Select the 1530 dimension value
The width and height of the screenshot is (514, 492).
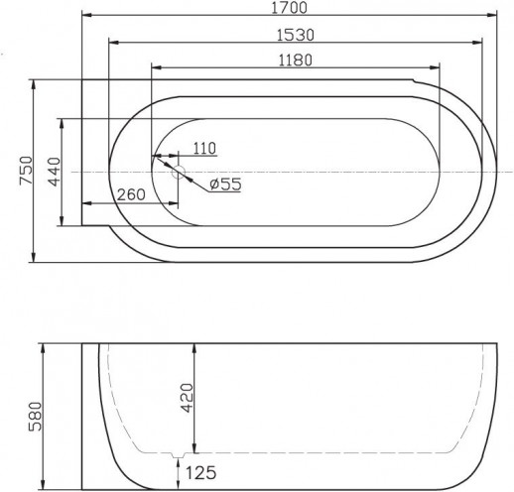click(x=296, y=34)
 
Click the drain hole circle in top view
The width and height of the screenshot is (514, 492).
click(x=179, y=173)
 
